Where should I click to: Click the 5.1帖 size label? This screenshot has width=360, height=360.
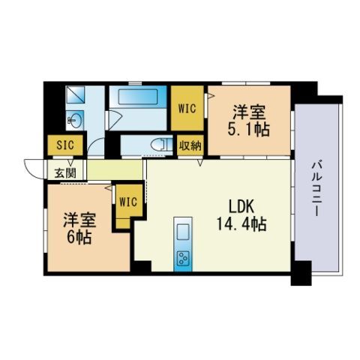248,129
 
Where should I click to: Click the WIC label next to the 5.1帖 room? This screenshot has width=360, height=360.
187,107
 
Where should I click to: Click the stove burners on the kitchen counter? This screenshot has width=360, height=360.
183,258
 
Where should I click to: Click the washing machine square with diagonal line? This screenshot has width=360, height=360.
76,95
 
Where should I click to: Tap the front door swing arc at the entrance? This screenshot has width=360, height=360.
31,169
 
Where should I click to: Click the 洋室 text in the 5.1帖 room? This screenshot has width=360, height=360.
248,112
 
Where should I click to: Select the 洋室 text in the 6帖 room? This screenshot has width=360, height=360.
72,220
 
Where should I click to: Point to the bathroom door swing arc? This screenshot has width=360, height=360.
115,120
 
